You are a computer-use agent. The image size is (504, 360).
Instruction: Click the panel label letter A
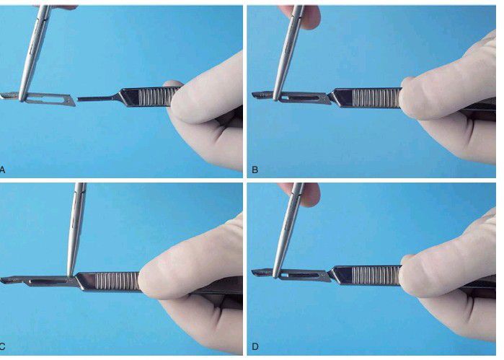[x=2, y=170]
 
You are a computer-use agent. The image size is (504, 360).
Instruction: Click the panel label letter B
[x=255, y=170]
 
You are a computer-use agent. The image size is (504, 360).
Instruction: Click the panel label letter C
[x=2, y=346]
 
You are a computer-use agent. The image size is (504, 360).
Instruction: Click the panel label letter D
[x=255, y=346]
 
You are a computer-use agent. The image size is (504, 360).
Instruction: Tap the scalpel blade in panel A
[x=38, y=98]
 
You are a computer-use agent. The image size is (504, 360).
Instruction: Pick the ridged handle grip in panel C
[x=118, y=281]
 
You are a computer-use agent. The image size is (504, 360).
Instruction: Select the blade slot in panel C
[x=48, y=282]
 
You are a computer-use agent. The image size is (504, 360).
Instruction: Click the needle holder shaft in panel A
[x=34, y=51]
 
